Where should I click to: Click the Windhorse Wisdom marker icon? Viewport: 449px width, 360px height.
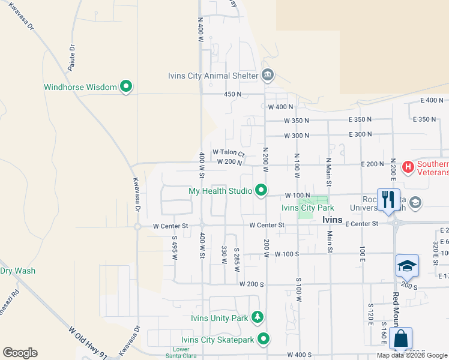[x=126, y=87]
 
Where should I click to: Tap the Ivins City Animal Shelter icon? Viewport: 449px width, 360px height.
[x=268, y=75]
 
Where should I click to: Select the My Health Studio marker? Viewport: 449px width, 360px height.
[x=261, y=191]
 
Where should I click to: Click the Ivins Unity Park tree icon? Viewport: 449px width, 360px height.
[x=258, y=317]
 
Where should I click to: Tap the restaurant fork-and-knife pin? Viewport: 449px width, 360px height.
[x=388, y=200]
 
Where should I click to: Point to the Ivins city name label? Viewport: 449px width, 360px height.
[x=332, y=220]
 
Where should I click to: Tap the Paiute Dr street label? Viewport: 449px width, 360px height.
[x=71, y=58]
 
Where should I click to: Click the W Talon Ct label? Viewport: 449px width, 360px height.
[x=229, y=152]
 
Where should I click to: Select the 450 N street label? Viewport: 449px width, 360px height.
[x=232, y=94]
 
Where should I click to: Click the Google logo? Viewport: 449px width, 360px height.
[x=20, y=353]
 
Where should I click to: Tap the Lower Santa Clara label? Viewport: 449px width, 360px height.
[x=181, y=353]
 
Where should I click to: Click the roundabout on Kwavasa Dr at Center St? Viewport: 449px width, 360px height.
[x=137, y=226]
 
